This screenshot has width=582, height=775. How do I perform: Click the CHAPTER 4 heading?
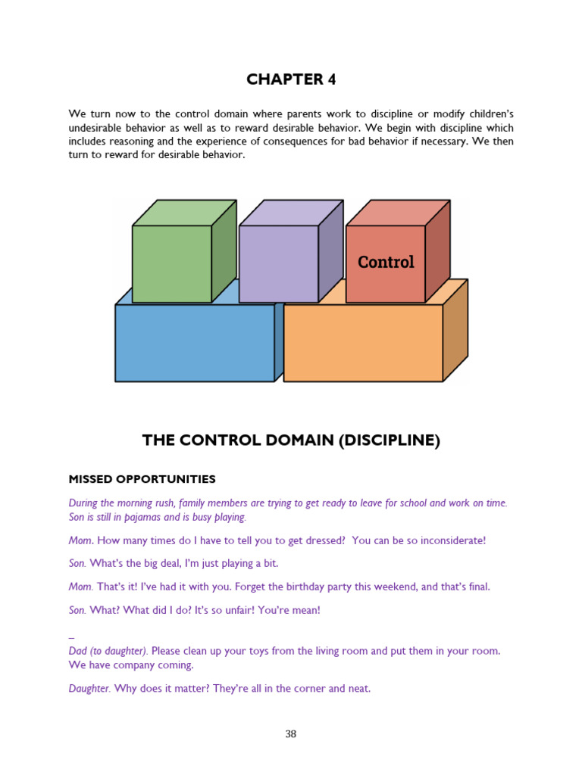291,79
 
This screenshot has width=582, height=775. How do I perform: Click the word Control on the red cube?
386,262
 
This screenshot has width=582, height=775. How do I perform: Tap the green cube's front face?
172,263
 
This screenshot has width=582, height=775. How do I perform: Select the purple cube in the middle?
279,263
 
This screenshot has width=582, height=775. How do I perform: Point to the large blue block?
195,343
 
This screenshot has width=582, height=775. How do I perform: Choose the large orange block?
362,343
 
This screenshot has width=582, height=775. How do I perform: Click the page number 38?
291,733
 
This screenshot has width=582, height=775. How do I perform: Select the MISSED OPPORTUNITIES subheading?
142,479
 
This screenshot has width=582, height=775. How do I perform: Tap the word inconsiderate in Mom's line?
446,540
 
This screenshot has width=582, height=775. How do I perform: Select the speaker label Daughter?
89,689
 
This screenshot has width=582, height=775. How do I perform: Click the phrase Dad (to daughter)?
108,651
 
